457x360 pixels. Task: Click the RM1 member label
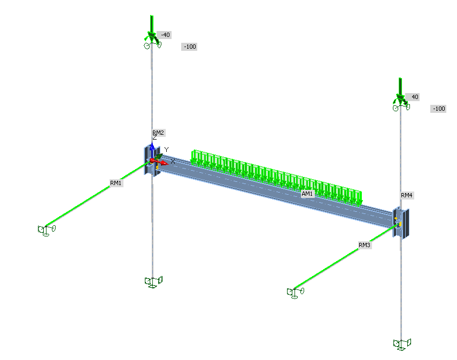click(x=115, y=183)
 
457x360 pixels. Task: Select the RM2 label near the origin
click(x=158, y=133)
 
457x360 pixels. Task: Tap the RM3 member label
click(x=365, y=245)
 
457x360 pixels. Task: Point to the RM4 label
click(x=407, y=195)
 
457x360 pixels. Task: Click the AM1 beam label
click(x=307, y=194)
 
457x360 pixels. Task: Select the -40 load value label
click(x=165, y=35)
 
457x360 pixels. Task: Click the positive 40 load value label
click(x=414, y=97)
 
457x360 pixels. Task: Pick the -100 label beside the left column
click(x=189, y=47)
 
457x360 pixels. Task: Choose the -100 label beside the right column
click(x=438, y=109)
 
